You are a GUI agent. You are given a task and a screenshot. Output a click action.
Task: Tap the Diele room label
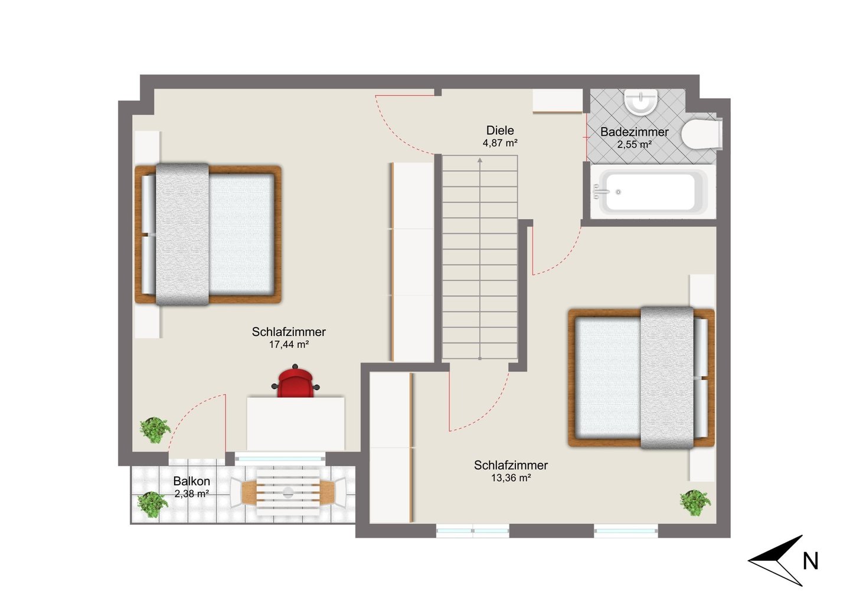click(x=500, y=130)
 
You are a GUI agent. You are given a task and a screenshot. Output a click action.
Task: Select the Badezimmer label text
click(x=634, y=132)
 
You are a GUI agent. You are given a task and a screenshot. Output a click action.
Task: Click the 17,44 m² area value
click(x=289, y=345)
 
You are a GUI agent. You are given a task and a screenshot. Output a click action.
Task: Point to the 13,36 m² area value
click(x=511, y=478)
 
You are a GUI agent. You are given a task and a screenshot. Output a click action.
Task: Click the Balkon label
click(x=192, y=481)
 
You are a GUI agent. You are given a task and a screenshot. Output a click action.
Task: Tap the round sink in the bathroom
click(x=640, y=102)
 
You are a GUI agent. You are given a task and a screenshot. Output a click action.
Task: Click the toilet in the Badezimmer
click(x=702, y=133)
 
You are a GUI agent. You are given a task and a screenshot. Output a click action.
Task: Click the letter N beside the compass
click(x=810, y=561)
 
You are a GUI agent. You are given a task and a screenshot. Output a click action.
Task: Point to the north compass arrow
click(x=776, y=560)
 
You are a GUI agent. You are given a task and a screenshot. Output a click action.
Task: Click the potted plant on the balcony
click(x=152, y=504)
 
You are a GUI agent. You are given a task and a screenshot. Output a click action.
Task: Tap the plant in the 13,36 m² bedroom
click(x=695, y=503)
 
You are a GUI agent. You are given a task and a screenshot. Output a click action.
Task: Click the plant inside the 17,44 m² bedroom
click(x=155, y=430)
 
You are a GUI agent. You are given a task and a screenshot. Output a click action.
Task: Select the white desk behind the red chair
click(x=296, y=424)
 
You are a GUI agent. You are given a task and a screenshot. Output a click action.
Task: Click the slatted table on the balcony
click(x=288, y=492)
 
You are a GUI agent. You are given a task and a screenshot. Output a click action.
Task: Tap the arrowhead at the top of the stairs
click(x=480, y=161)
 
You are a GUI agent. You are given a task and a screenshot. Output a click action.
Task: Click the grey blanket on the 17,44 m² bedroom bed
click(x=182, y=234)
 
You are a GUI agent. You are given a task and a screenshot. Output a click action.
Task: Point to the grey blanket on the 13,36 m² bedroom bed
click(x=667, y=378)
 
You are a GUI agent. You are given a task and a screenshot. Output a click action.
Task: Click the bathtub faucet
click(x=600, y=192)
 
